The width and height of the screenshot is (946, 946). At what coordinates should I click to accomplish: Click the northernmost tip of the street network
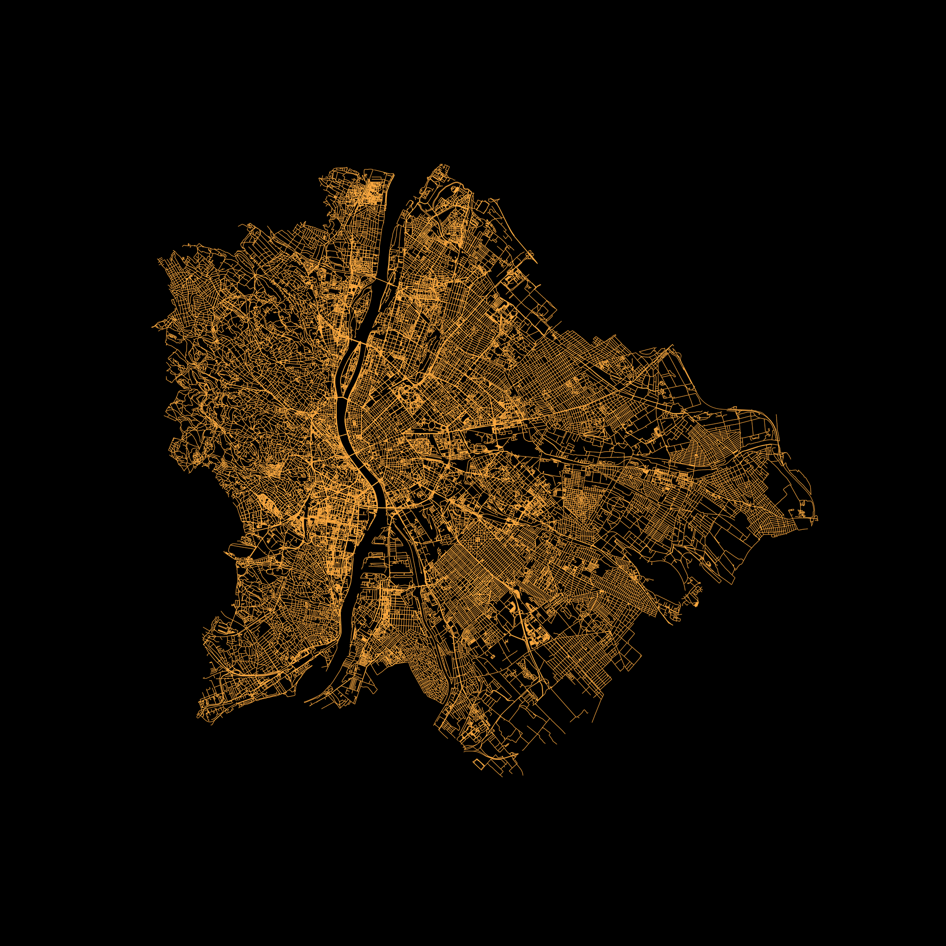[442, 165]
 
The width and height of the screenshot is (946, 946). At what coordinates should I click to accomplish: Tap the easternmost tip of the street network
[817, 519]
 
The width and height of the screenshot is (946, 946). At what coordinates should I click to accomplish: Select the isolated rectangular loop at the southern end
[478, 764]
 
